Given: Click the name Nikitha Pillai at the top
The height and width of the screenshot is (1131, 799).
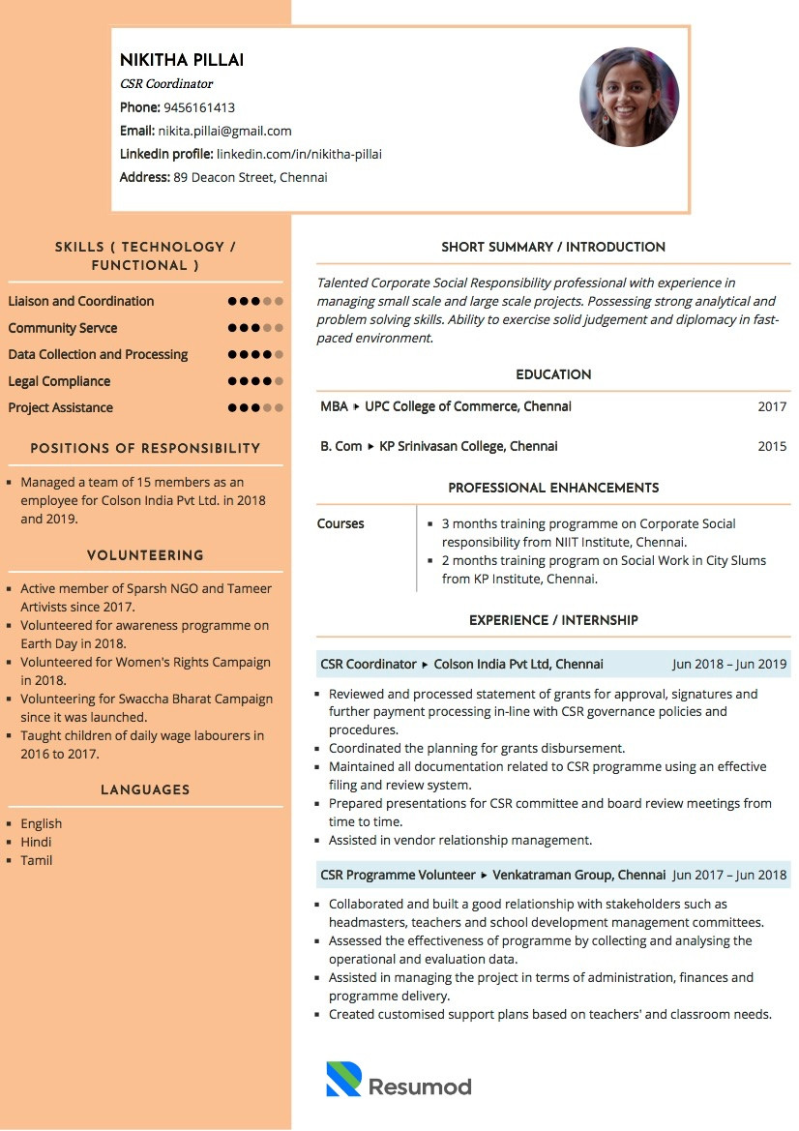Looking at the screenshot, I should [x=182, y=60].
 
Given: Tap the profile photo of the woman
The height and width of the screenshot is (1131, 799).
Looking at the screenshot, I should [x=629, y=97].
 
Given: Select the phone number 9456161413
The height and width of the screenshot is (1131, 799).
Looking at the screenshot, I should [x=199, y=107].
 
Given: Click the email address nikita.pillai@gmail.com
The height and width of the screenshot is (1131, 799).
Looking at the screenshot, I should [x=224, y=131].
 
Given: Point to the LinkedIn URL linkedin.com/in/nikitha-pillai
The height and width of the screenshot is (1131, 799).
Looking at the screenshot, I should [x=299, y=154].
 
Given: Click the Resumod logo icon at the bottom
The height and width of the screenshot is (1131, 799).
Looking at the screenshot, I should [x=343, y=1079].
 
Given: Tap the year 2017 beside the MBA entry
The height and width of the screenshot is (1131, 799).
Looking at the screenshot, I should [x=772, y=406].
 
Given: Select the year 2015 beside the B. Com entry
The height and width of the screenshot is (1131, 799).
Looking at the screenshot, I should [x=772, y=446].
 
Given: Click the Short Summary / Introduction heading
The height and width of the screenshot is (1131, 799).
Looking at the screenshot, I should [x=553, y=247].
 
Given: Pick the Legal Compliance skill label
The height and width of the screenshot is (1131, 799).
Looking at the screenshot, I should [x=59, y=381].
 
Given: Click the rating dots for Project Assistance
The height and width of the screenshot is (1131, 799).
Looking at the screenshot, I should [x=255, y=407].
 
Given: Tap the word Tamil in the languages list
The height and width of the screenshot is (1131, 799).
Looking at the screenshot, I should [x=37, y=860].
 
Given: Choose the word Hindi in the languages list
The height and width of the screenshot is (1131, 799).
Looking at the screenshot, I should [x=36, y=842].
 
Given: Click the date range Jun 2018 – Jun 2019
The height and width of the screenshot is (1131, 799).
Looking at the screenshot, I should [x=729, y=664].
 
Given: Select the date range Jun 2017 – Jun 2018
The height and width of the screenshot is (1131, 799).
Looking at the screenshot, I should [x=729, y=875].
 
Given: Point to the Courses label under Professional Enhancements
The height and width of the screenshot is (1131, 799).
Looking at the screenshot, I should [x=340, y=523].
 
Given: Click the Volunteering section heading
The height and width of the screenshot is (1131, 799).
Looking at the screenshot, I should [x=145, y=555].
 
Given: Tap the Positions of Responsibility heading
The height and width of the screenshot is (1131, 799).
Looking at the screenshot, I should [x=145, y=448].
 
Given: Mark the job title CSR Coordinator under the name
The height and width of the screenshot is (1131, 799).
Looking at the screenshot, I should [x=166, y=84].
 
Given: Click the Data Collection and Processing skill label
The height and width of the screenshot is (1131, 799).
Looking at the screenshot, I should [x=98, y=354].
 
